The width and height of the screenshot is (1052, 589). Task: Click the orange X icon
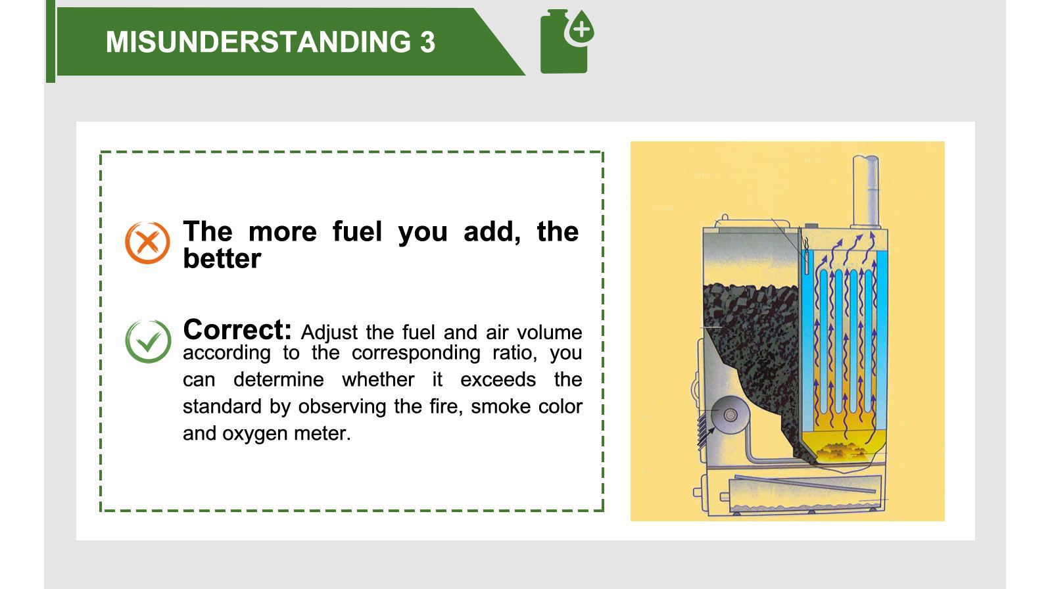click(x=147, y=243)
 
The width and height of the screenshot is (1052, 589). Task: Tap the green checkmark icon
click(x=147, y=341)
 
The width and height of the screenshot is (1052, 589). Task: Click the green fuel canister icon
click(x=565, y=42)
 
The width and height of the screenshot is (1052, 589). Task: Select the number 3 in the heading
click(x=427, y=43)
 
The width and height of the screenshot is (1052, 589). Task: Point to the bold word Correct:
click(x=237, y=329)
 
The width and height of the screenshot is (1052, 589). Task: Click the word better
click(x=222, y=259)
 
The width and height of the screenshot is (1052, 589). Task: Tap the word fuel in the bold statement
click(x=357, y=232)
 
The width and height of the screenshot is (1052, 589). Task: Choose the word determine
click(x=279, y=380)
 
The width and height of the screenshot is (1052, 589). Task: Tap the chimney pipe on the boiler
click(x=865, y=191)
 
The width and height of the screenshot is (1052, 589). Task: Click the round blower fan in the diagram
click(x=729, y=415)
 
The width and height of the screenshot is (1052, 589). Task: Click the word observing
click(x=342, y=407)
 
